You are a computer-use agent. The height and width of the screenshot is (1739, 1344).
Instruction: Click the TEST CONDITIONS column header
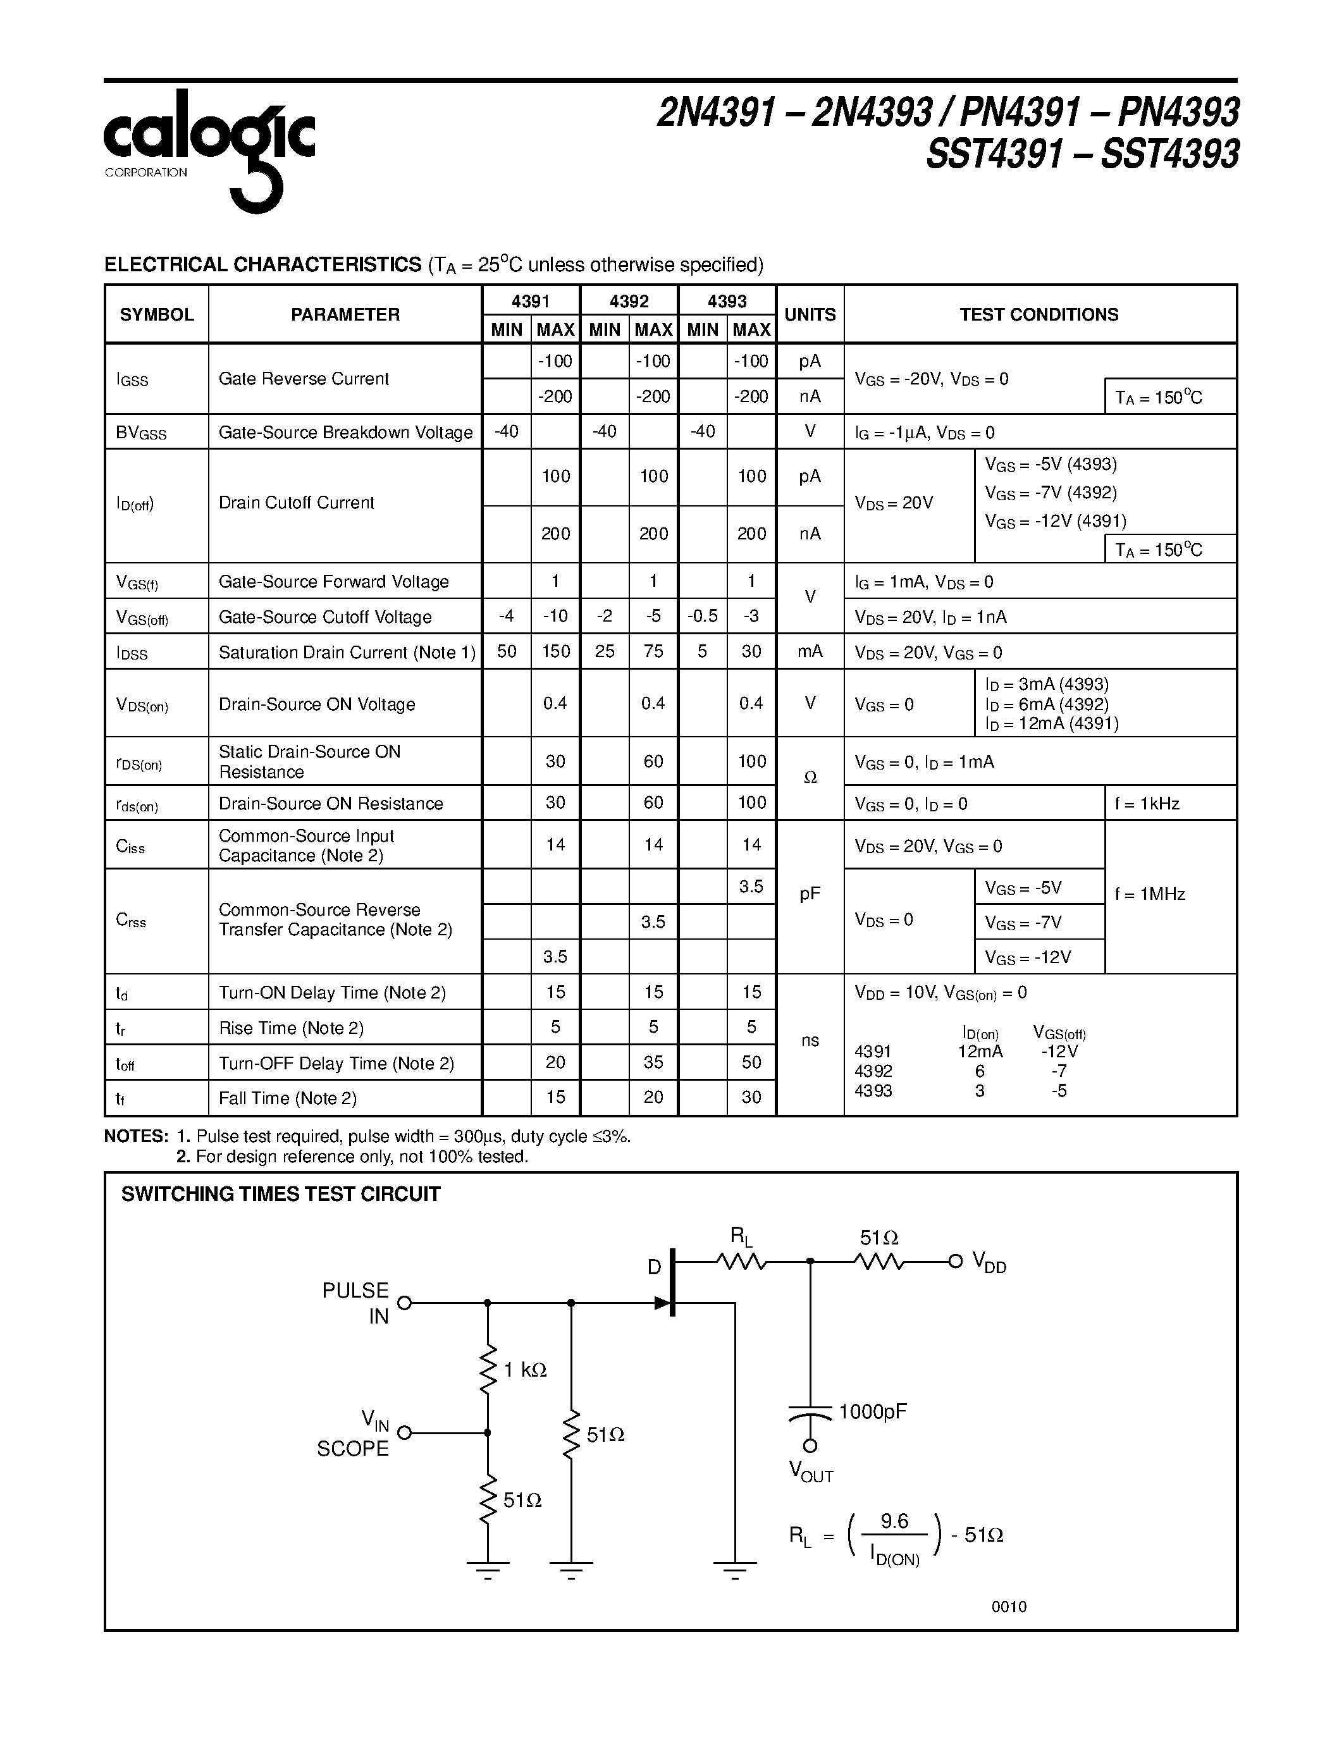[1039, 314]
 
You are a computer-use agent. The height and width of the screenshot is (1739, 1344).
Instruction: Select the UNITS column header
[810, 314]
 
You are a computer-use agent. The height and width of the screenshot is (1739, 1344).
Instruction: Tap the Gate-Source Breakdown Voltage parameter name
[345, 433]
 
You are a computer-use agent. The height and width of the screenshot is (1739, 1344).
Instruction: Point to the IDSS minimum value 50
[507, 651]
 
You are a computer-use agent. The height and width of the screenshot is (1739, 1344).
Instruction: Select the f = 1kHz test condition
[1147, 803]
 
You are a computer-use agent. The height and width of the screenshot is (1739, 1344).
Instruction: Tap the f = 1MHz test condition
[1150, 894]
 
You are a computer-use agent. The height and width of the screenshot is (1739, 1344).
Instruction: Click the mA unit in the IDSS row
[810, 651]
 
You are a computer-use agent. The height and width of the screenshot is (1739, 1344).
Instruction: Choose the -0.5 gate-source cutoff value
[702, 617]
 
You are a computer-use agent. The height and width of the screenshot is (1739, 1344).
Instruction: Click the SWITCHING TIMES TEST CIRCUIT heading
[280, 1193]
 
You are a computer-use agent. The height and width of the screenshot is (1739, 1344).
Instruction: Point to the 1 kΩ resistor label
[526, 1370]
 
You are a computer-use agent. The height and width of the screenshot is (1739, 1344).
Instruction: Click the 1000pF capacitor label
[873, 1411]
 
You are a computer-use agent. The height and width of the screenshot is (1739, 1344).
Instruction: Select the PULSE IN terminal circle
[405, 1303]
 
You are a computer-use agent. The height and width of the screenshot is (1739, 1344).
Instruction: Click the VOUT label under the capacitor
[811, 1472]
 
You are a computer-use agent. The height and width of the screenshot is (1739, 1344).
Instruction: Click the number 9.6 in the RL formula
[894, 1521]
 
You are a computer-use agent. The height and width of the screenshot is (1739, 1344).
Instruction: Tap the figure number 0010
[1009, 1607]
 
